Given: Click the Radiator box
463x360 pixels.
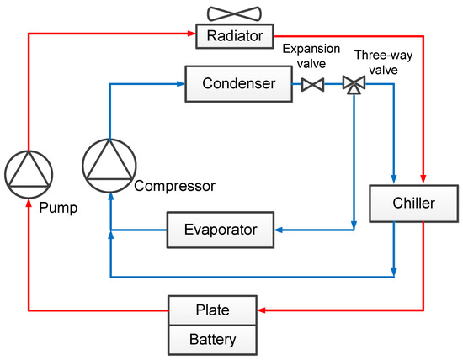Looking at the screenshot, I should pos(230,35).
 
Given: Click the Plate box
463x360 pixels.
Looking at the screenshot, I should pos(212,310).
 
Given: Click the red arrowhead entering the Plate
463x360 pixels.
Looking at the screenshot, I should pos(262,310).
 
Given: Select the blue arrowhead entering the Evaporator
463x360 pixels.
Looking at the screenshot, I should pos(278,228).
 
